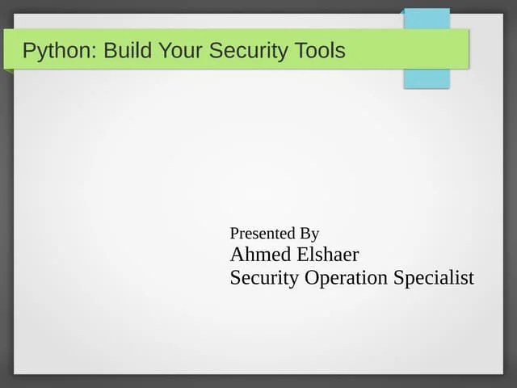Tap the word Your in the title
click(x=179, y=51)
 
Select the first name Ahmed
click(x=258, y=255)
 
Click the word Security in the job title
click(x=263, y=278)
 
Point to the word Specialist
click(x=434, y=278)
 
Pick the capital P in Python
click(x=28, y=51)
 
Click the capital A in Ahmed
click(x=237, y=255)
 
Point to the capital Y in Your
click(x=165, y=51)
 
